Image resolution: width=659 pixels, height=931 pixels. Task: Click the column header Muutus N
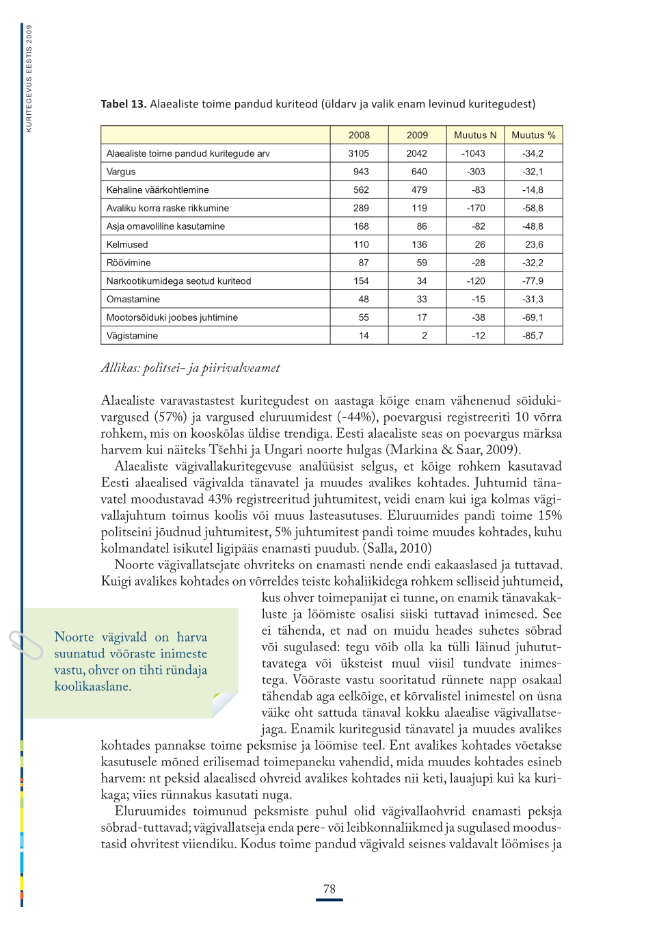[475, 135]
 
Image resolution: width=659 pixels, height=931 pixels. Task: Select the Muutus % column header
[533, 135]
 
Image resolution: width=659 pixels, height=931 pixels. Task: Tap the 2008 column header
[359, 135]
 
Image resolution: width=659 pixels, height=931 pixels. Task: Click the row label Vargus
[121, 172]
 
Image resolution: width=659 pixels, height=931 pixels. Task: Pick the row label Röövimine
[129, 263]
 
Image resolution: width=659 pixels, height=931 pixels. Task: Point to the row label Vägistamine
[132, 336]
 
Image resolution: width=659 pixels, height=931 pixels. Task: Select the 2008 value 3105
[358, 154]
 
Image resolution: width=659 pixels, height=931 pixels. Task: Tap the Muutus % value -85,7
[533, 336]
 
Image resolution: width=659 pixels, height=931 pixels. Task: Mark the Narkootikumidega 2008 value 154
[361, 281]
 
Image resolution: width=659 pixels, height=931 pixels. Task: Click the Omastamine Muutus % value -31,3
[533, 300]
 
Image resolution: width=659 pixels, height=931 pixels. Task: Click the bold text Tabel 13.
[123, 104]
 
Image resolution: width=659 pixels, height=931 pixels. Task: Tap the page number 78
[329, 889]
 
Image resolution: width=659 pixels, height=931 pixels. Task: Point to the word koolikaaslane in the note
[92, 686]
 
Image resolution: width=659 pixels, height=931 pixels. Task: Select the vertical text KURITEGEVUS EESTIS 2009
[29, 78]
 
